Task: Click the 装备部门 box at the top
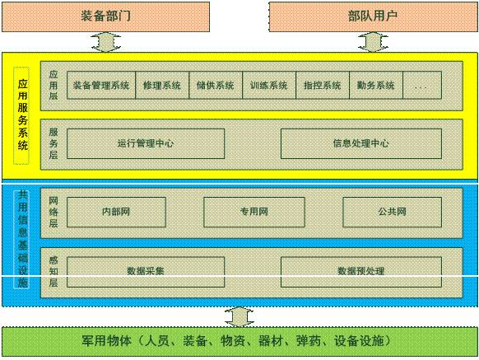[105, 16]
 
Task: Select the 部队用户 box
[374, 16]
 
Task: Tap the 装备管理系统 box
[101, 86]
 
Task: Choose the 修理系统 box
[162, 86]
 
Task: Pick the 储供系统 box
[216, 86]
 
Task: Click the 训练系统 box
[269, 86]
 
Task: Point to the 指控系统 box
[323, 86]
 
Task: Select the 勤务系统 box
[376, 86]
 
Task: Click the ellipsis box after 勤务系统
[422, 86]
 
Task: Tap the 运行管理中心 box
[146, 143]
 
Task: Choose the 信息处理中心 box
[361, 143]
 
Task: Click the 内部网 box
[116, 212]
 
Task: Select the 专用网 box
[254, 212]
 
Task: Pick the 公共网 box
[393, 212]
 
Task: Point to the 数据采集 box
[146, 272]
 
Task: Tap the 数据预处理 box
[361, 272]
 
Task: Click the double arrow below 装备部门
[105, 42]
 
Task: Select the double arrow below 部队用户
[373, 42]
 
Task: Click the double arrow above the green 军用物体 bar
[239, 317]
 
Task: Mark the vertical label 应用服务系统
[22, 115]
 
